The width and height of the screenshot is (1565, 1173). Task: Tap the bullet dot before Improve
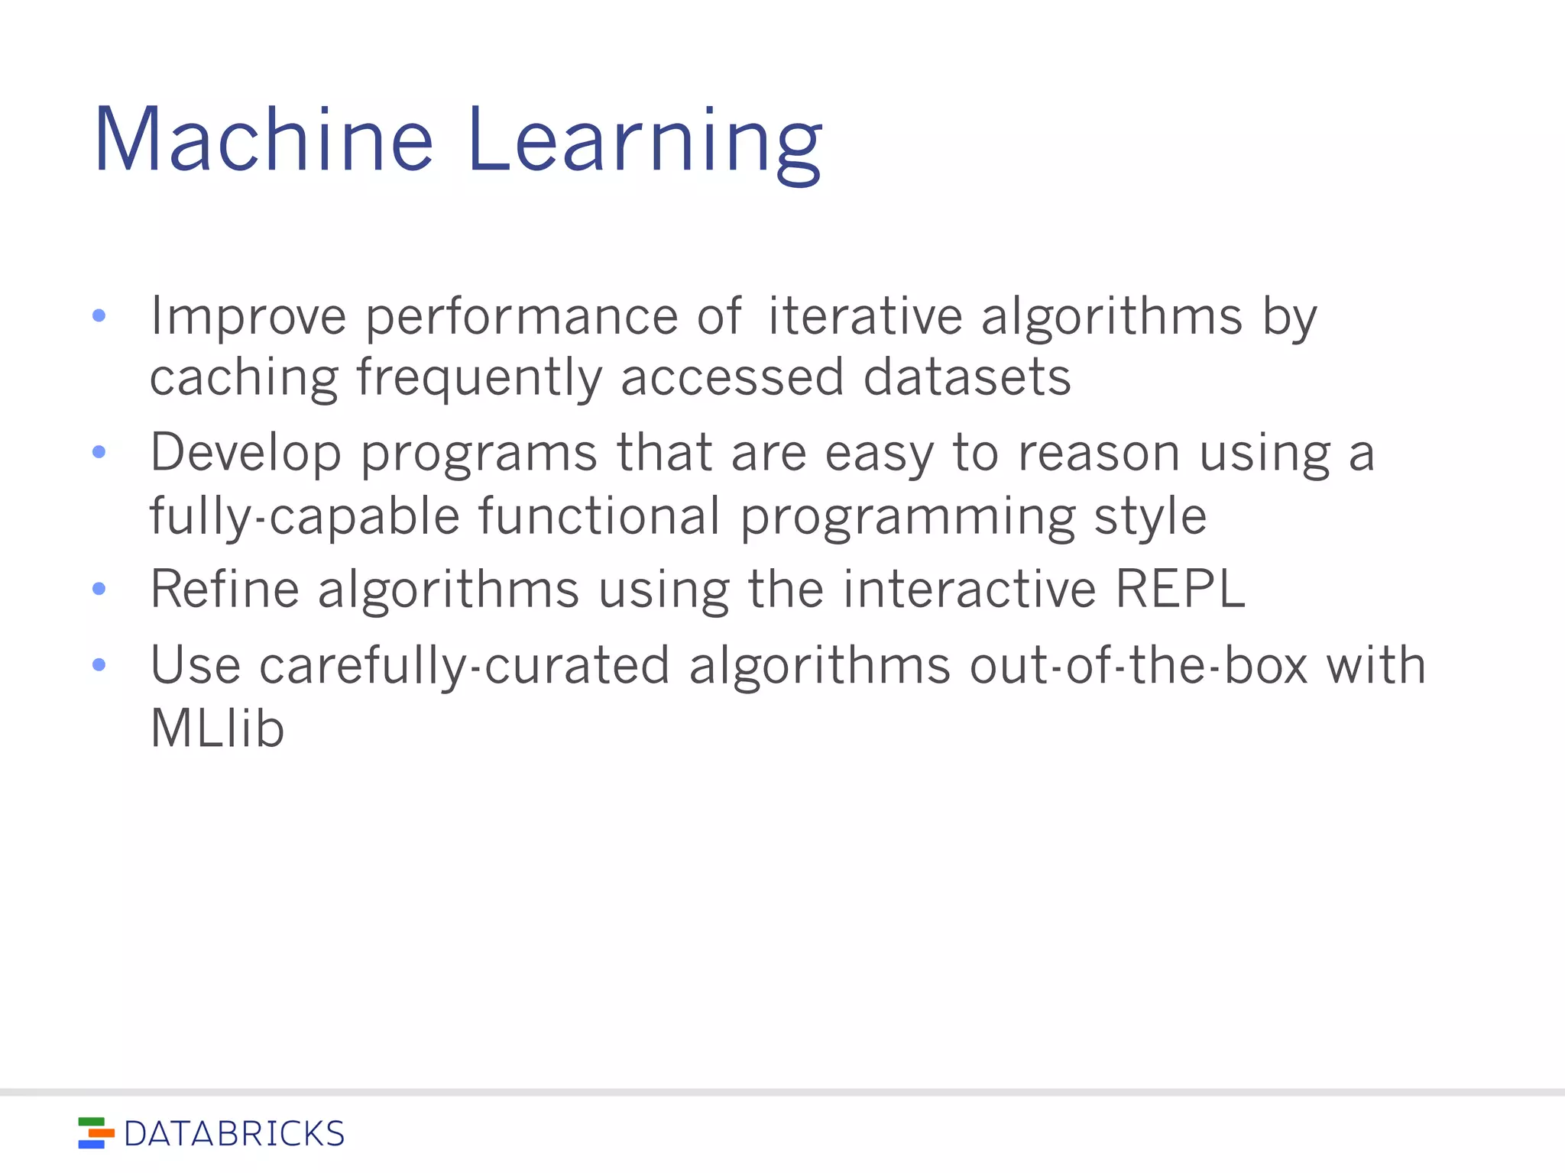click(x=99, y=315)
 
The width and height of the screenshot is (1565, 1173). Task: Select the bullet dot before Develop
click(x=99, y=452)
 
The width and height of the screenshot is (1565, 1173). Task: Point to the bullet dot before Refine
click(x=99, y=589)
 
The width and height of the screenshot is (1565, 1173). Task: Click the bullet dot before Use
click(x=99, y=664)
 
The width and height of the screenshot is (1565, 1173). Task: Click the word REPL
click(x=1180, y=589)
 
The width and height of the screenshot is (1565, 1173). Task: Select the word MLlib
click(x=217, y=728)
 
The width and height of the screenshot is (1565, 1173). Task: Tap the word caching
click(x=244, y=378)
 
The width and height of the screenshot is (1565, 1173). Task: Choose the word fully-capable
click(x=304, y=517)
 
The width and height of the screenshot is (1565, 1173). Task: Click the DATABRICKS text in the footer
click(x=234, y=1134)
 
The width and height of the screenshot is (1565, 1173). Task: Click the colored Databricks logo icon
click(x=96, y=1133)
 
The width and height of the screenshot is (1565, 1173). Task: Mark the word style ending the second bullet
click(x=1150, y=517)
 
